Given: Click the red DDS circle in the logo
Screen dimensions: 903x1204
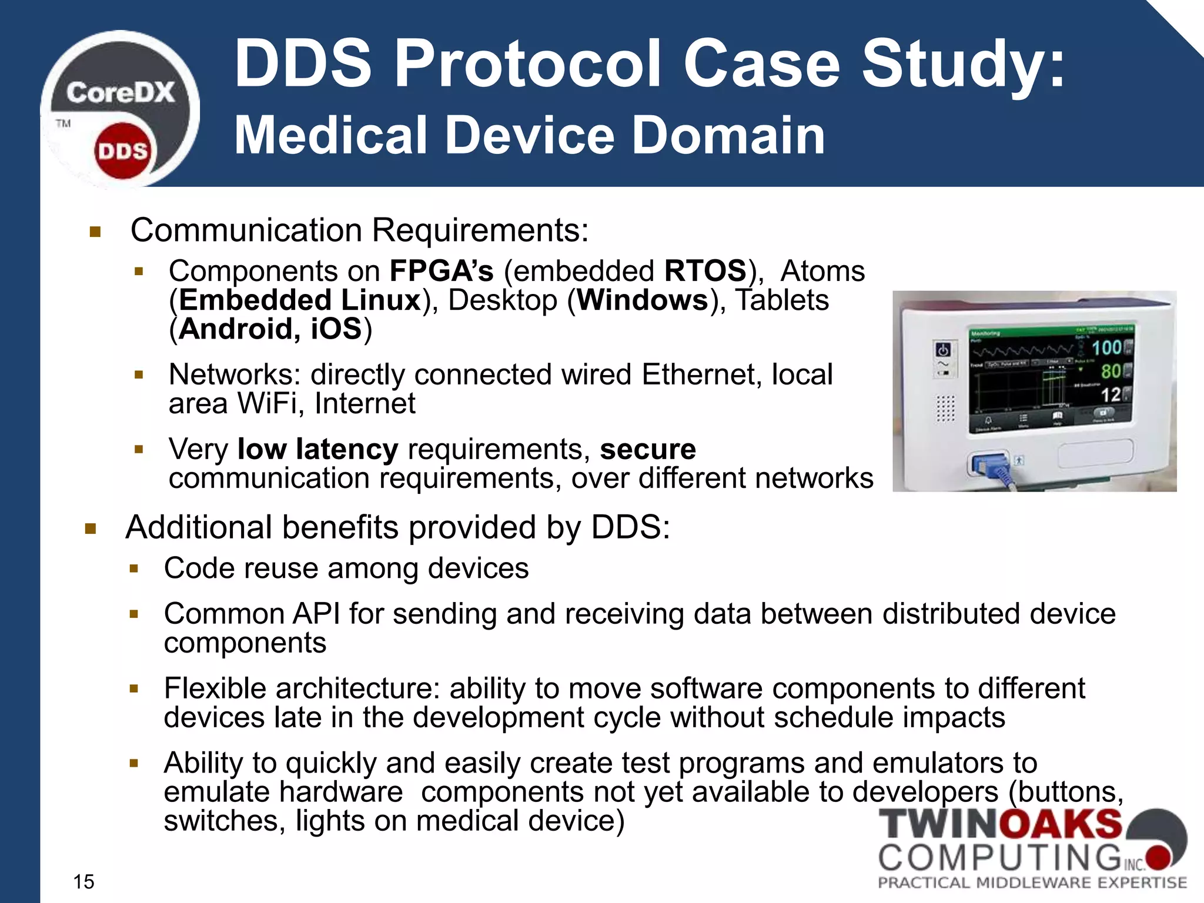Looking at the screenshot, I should click(122, 151).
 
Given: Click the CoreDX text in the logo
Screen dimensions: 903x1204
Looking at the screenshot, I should click(121, 93).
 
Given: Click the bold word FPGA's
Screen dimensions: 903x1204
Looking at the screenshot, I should click(442, 271).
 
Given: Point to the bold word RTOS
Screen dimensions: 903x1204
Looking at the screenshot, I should click(705, 271).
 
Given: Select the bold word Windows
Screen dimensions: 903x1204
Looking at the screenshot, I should click(643, 300).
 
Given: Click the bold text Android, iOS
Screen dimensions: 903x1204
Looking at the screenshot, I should click(270, 329).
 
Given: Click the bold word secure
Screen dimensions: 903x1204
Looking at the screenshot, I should click(647, 449).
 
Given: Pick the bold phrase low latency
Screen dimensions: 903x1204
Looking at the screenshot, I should click(317, 449).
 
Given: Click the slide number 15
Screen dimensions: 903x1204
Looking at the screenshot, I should click(83, 881).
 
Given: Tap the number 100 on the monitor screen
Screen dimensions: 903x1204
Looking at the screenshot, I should click(1106, 347).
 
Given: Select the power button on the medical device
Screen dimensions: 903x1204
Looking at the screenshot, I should click(943, 350).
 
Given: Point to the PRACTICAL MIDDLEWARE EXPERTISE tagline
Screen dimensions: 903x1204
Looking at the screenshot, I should click(1032, 882).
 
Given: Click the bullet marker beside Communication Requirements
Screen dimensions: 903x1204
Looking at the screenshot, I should click(95, 232).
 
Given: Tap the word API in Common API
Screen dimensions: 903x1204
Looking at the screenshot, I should click(316, 614).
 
